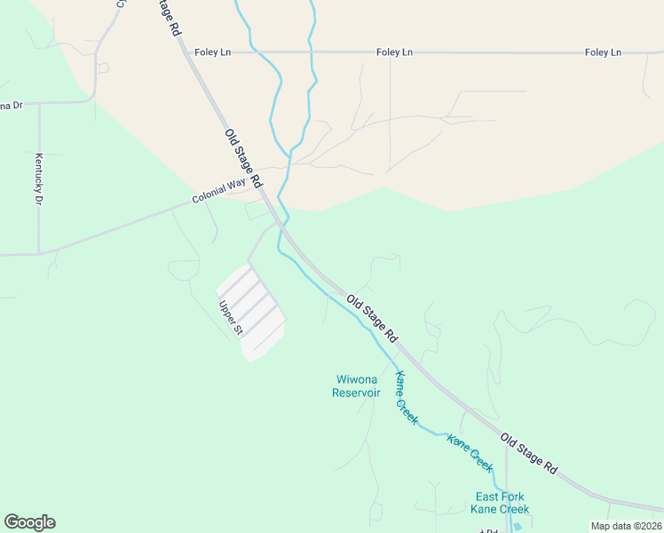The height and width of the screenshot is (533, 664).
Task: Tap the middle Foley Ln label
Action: point(394,52)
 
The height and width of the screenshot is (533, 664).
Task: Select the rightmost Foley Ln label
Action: point(603,52)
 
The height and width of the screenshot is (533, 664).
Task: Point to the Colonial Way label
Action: point(218,191)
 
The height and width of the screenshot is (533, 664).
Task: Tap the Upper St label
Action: point(231,318)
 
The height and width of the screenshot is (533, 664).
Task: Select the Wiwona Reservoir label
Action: point(356,386)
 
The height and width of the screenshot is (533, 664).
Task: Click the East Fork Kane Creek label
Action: point(501,503)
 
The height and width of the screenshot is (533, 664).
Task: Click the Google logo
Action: point(29,522)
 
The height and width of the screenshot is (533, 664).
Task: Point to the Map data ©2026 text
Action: point(626,526)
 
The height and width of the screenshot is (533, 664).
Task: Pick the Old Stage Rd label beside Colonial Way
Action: point(243,157)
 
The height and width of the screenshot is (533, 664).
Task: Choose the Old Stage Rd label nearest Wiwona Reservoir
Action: point(372,318)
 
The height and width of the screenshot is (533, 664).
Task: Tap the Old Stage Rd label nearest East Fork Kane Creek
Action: point(528,453)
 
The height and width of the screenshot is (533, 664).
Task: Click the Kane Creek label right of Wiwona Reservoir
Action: point(406,396)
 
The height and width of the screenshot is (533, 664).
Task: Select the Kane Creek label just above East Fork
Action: point(470,452)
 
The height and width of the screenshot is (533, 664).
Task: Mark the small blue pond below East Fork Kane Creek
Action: point(518,526)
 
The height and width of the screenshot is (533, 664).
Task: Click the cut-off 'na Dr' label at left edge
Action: point(11,106)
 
